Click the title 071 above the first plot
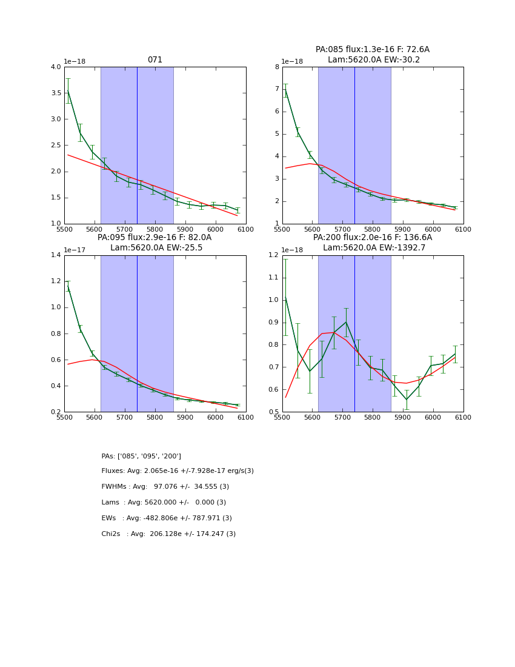click(155, 60)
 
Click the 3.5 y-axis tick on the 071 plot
click(55, 93)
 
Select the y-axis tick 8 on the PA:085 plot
click(276, 67)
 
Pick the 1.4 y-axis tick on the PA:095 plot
click(55, 255)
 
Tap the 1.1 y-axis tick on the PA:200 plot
click(273, 278)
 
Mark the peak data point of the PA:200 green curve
click(346, 322)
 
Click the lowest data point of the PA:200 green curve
click(407, 400)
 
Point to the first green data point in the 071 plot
click(68, 91)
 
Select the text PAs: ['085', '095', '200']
click(141, 456)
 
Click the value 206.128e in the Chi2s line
click(159, 534)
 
